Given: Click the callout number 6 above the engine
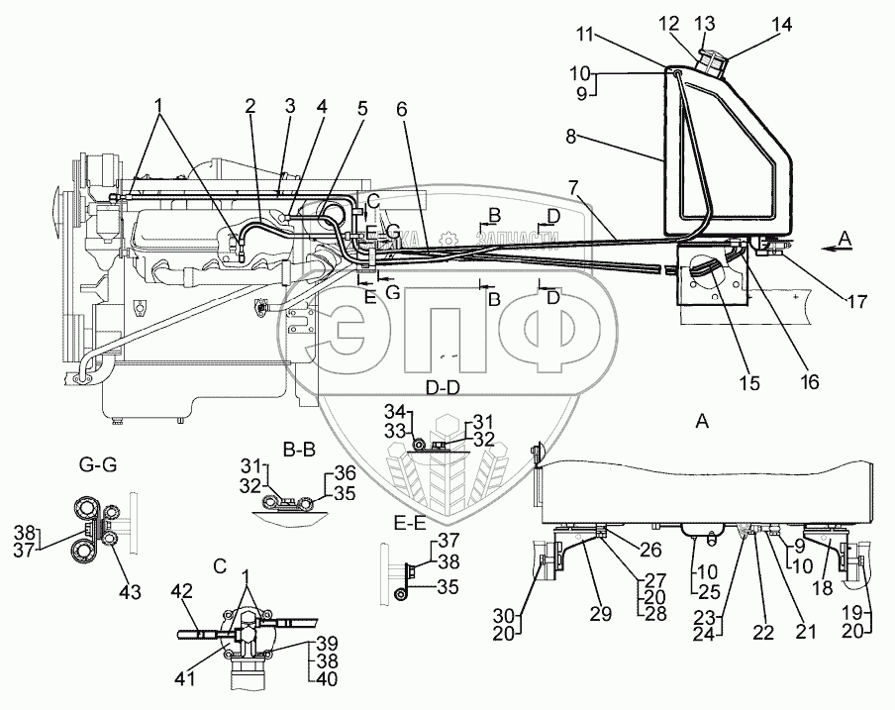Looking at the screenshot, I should (401, 111).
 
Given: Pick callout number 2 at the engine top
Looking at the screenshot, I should (251, 104).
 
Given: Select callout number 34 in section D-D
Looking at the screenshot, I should (393, 411).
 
